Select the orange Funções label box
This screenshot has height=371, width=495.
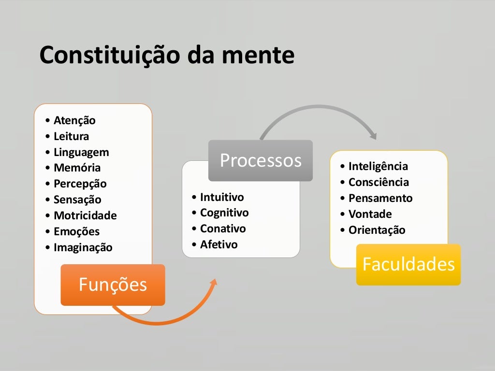point(113,285)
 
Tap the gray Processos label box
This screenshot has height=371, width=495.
point(261,160)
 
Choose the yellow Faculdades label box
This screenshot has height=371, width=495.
point(408,264)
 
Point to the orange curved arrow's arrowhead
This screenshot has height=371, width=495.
point(213,281)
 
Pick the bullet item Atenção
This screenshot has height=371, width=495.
point(74,120)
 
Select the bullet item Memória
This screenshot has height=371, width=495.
point(77,168)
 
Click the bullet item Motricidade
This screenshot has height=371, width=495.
point(85,215)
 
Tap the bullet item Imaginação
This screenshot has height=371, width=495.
point(83,247)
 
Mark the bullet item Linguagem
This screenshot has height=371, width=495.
point(81,152)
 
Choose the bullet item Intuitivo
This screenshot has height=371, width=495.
point(222,197)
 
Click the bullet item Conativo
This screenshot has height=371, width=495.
point(223,228)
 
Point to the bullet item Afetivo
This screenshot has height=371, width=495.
point(218,244)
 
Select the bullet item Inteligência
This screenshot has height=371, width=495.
point(378,167)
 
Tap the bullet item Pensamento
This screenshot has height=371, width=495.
point(380,198)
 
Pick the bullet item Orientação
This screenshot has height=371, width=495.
point(377,230)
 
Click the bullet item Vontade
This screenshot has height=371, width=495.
point(370,214)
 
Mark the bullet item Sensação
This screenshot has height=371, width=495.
point(77,200)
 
